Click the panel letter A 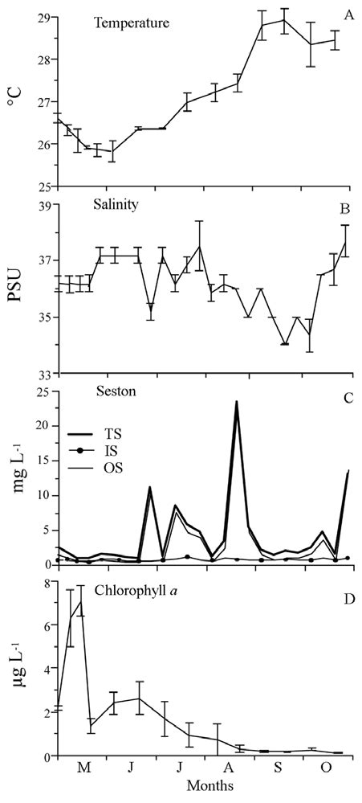click(x=348, y=15)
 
